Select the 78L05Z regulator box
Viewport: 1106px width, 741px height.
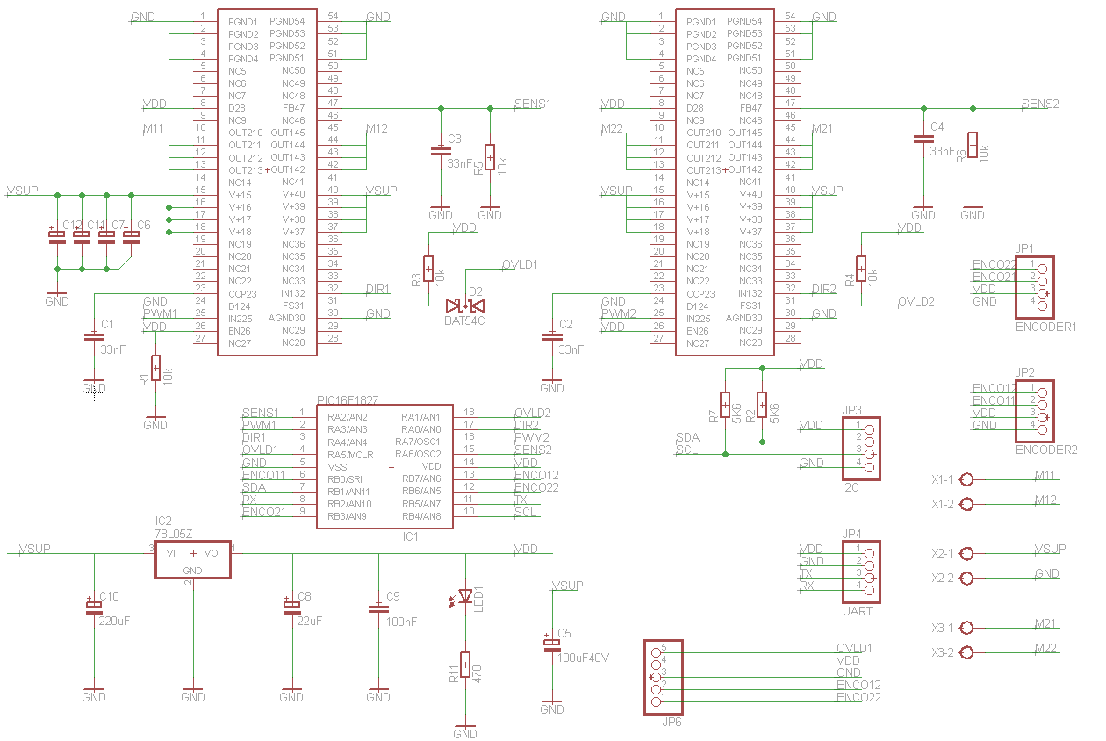[193, 559]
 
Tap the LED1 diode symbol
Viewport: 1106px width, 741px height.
[465, 597]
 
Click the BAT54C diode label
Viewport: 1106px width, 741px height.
[464, 320]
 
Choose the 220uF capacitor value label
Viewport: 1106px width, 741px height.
[114, 621]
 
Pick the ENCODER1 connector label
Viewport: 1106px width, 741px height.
[1045, 327]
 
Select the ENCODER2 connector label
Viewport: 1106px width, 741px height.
[1045, 450]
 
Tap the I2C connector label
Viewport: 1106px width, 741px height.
[850, 487]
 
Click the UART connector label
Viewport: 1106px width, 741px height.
[857, 611]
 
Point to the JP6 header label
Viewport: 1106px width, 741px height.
[671, 722]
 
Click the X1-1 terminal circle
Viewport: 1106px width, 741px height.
[967, 479]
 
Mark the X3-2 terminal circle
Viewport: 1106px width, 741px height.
[967, 652]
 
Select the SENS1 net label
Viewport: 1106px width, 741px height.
[532, 104]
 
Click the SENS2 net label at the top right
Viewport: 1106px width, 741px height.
[1040, 104]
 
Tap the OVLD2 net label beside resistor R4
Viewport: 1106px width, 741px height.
[916, 301]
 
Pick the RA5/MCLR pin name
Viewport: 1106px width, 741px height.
[349, 454]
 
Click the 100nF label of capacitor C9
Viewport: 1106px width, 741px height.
[401, 621]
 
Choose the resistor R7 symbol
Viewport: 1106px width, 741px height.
[725, 404]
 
